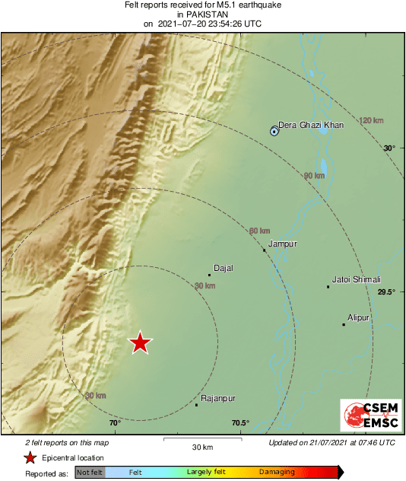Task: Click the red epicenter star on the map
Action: click(140, 343)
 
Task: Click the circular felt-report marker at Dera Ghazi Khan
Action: click(274, 132)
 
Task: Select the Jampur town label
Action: click(282, 244)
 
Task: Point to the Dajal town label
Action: click(224, 268)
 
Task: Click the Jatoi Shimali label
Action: click(357, 279)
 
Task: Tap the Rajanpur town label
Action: click(218, 398)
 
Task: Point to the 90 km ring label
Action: click(314, 176)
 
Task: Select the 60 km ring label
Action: click(259, 231)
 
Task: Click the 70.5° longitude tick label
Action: click(240, 423)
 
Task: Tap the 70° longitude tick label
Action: click(115, 423)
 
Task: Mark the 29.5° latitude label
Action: click(385, 291)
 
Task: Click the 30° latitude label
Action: click(389, 148)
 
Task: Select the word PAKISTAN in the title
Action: click(202, 14)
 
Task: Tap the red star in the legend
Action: click(30, 457)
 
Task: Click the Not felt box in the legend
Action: click(90, 473)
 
